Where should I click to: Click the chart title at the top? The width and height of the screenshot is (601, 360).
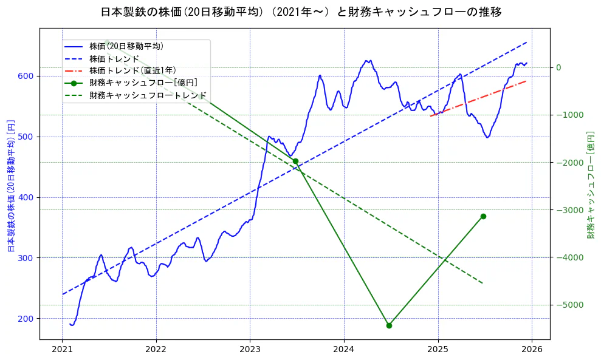[300, 12]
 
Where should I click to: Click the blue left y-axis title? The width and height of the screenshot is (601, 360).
[10, 185]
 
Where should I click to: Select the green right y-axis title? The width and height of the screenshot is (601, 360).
[590, 185]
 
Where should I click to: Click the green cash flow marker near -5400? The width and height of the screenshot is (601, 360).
[389, 325]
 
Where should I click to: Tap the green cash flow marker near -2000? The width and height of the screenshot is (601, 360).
[295, 161]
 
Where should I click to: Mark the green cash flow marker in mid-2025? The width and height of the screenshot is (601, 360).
[483, 216]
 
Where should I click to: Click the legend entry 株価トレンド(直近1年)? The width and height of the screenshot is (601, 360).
[132, 70]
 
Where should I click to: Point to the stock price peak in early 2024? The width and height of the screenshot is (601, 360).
[368, 60]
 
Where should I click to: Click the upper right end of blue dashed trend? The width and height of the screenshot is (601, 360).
[526, 42]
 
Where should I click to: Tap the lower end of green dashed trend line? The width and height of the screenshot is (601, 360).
[483, 284]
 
